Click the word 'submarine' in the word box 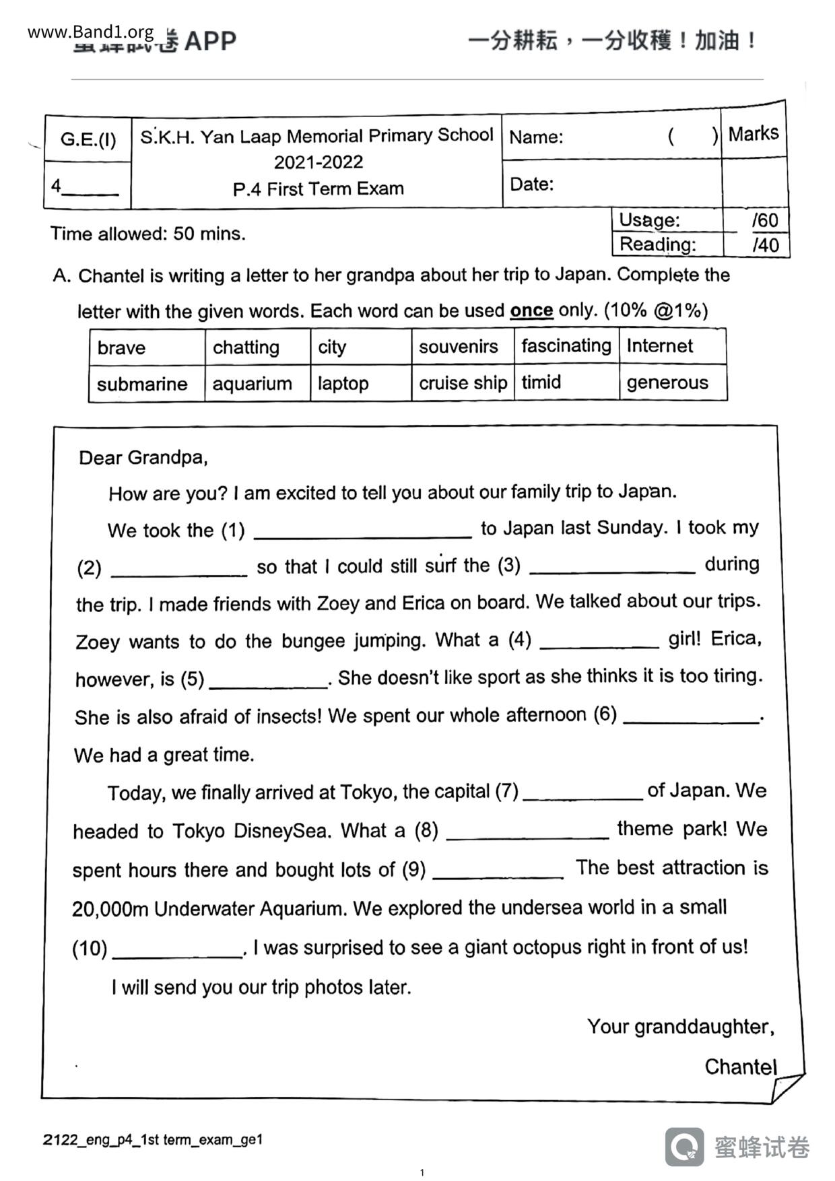[142, 384]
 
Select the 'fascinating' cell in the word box [566, 346]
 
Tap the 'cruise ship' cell [463, 382]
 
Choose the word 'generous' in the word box [667, 382]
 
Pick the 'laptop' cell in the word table [343, 383]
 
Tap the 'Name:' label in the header [536, 137]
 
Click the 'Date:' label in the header [531, 184]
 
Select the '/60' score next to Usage [765, 220]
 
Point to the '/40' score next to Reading [765, 244]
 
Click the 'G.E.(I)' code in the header [88, 139]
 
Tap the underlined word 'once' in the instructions [531, 310]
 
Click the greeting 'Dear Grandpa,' [143, 458]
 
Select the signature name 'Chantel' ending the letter [740, 1067]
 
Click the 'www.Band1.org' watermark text [91, 32]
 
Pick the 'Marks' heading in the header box [753, 133]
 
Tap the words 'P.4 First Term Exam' [318, 189]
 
